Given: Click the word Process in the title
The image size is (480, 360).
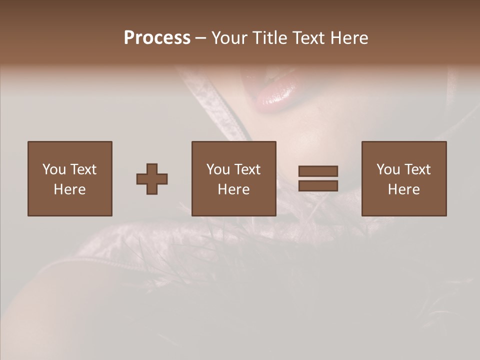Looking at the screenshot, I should [157, 38].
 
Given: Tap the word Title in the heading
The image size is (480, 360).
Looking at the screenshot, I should [270, 38].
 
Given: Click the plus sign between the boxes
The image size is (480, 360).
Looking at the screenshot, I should [152, 179].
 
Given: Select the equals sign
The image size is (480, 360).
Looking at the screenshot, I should [318, 178].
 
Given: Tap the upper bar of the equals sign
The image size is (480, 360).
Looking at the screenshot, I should [318, 171].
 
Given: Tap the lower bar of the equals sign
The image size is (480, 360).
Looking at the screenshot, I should [318, 185].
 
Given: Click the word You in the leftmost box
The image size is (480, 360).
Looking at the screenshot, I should [54, 169].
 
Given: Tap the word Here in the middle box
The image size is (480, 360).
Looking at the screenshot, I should [234, 189].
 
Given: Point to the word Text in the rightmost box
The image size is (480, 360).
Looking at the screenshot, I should [418, 169].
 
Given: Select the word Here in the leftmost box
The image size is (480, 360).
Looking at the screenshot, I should [70, 189].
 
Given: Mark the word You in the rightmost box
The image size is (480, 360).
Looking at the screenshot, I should [388, 169].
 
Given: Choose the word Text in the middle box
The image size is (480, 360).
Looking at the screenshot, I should [248, 169].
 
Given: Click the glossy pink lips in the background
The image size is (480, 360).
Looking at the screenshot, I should [275, 90].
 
